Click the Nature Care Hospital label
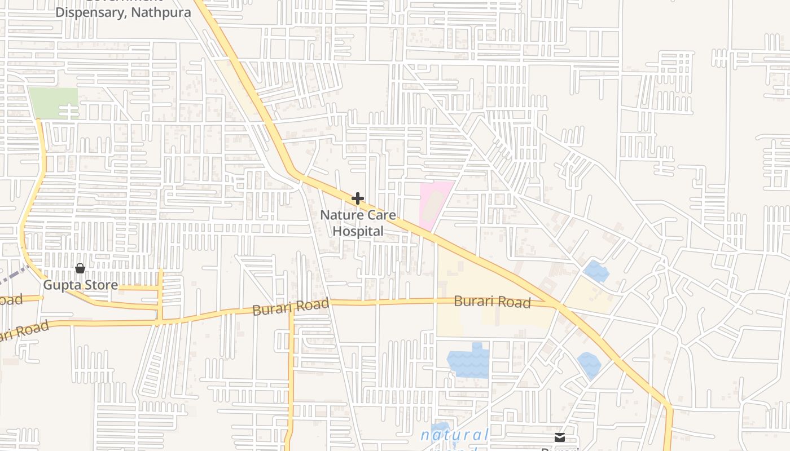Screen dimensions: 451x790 coord(358,223)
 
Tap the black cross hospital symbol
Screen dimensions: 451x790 coord(358,198)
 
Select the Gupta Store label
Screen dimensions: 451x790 coord(81,285)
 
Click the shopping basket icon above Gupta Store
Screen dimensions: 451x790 coord(80,268)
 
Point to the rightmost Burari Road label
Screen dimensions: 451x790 coord(492,302)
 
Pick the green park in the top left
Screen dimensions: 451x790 coord(53,103)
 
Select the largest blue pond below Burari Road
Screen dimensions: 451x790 coord(468,362)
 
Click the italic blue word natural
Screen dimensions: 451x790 coord(455,435)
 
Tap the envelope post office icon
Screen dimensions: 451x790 coord(559,437)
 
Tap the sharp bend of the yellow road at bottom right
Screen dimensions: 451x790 coord(670,406)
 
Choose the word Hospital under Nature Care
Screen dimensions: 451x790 coord(358,231)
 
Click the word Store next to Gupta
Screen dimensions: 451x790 coord(99,285)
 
